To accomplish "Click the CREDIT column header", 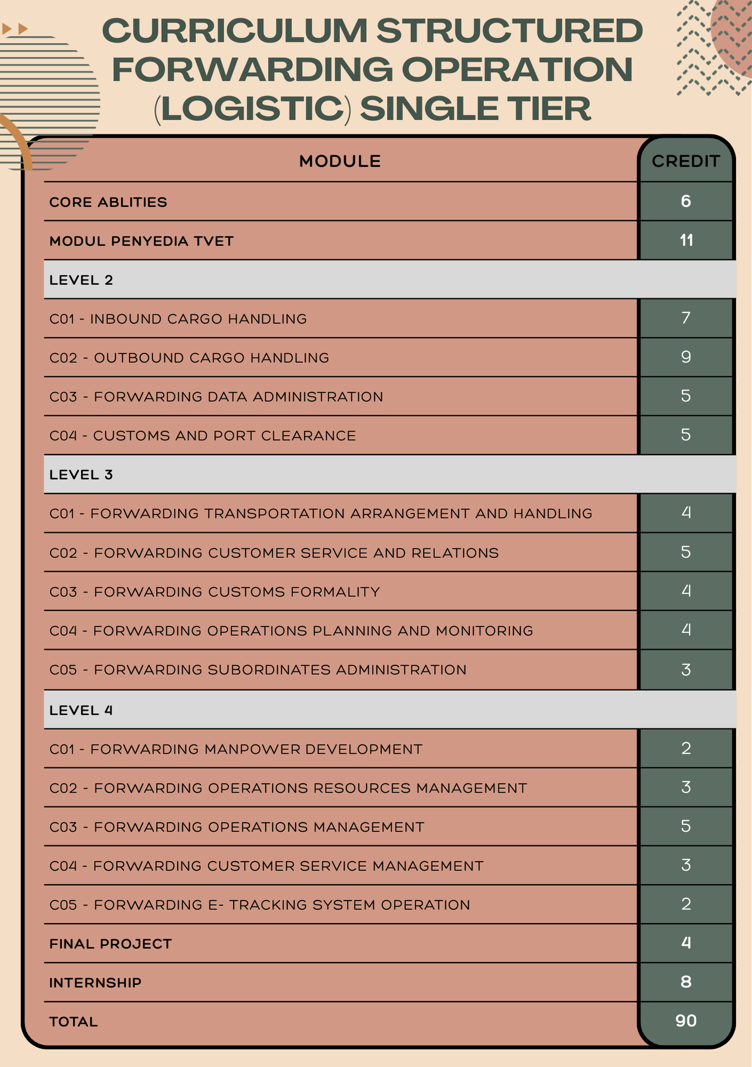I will coord(686,161).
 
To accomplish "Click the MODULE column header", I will coord(340,161).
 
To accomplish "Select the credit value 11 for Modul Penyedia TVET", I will coord(686,241).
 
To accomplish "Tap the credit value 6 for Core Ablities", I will coord(686,201).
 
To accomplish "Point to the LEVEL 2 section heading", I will coord(81,280).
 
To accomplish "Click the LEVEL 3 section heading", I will coord(81,475).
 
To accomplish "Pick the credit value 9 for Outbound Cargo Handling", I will coord(686,357).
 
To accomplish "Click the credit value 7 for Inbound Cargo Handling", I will coord(686,318).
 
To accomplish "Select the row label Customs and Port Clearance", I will coord(203,436).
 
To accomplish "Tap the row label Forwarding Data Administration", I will coord(216,397).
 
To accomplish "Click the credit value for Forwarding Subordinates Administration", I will coord(686,670).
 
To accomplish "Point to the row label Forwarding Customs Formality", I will coord(215,592).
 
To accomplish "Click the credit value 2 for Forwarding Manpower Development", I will coord(686,749).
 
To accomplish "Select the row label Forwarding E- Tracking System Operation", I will coord(259,905).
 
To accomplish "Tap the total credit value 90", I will coord(686,1021).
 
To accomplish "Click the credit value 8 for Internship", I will coord(686,982).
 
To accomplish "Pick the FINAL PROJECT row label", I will coord(110,944).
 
